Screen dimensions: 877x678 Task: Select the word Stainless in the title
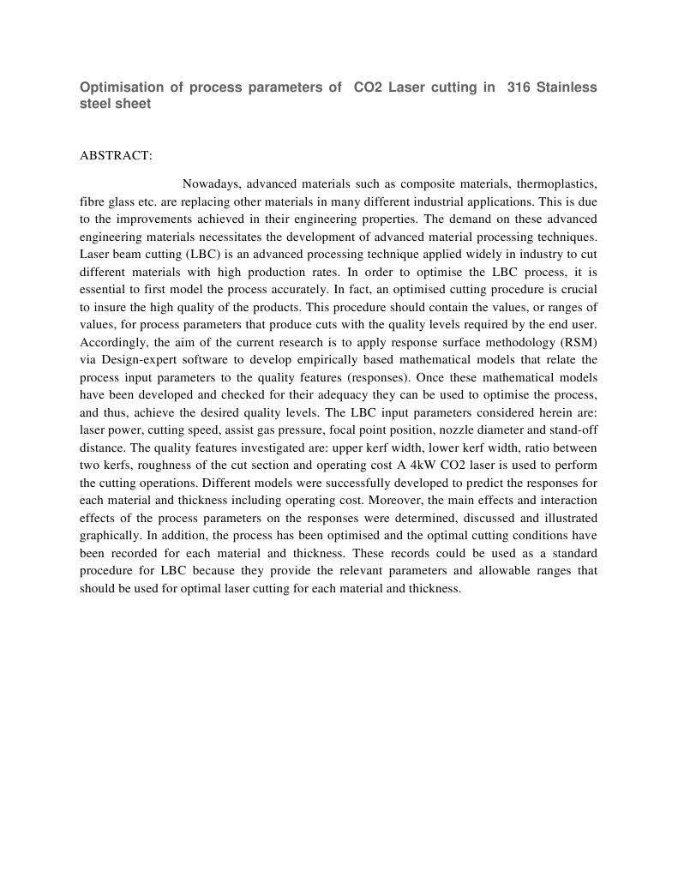[x=567, y=87]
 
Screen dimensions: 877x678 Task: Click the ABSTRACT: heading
[x=116, y=155]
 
